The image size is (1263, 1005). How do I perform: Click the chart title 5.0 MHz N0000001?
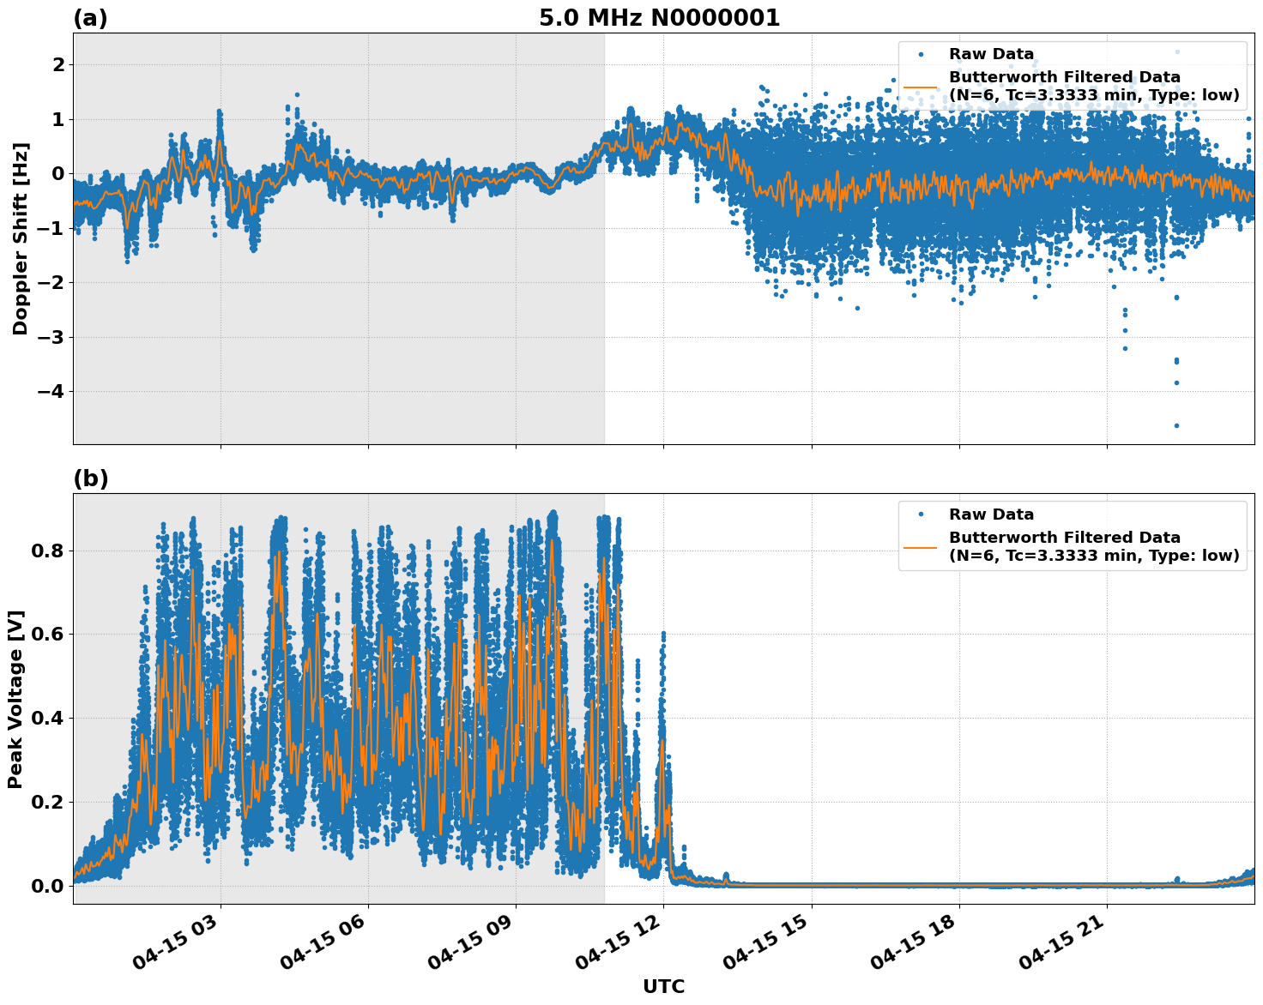tap(659, 18)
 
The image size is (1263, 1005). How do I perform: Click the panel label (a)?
tap(90, 18)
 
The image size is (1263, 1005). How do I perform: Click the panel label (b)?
tap(90, 478)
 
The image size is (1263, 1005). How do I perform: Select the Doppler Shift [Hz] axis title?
tap(21, 238)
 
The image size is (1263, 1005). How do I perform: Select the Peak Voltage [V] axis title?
tap(15, 699)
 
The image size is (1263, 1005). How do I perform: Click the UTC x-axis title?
tap(663, 986)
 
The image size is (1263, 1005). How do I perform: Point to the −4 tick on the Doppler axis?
tap(51, 392)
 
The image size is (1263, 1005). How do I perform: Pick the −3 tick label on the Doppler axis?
tap(51, 337)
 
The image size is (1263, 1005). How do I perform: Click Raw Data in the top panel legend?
tap(991, 55)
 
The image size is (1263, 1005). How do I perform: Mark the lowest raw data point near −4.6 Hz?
tap(1176, 425)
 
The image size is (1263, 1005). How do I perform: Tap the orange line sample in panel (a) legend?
tap(921, 87)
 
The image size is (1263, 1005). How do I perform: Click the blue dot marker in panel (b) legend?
tap(921, 515)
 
